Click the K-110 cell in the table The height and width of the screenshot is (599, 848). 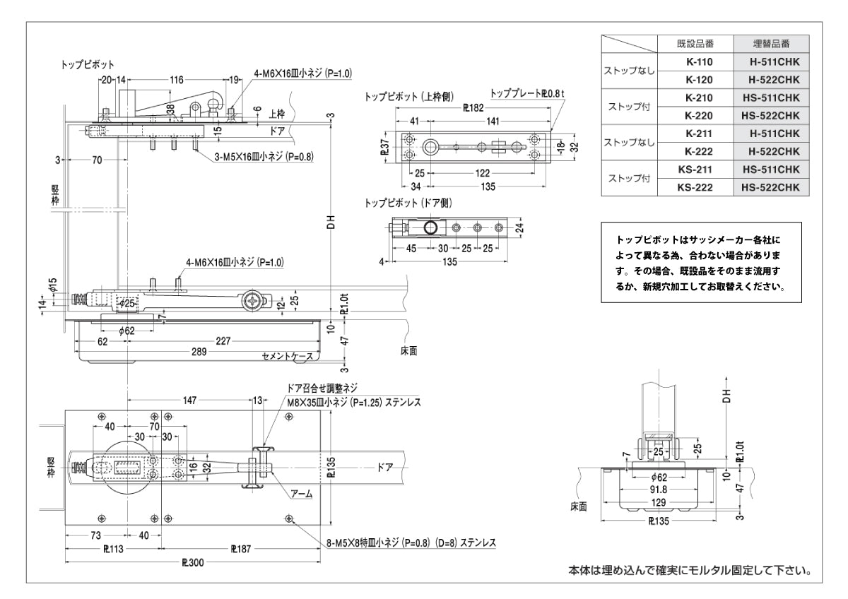(698, 61)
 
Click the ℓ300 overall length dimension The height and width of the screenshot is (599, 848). (192, 563)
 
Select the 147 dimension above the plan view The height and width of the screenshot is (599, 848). (189, 401)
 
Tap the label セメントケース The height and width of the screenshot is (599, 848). (287, 357)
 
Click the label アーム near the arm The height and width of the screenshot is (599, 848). (302, 494)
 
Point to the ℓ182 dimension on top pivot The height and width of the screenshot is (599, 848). (473, 109)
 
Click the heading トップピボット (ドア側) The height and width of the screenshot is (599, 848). (408, 203)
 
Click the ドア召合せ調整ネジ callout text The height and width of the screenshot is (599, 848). (322, 388)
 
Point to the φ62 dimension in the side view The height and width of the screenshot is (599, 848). (126, 330)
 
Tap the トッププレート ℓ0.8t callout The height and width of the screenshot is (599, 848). (524, 93)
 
